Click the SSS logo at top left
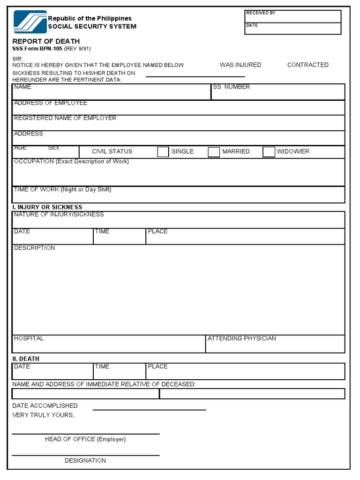30,22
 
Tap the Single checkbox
163,152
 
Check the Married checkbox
214,152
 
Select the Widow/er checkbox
269,152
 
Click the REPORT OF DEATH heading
46,41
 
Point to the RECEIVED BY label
261,13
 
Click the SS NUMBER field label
232,87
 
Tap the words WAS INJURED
240,65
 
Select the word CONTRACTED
307,65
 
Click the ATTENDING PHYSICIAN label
242,338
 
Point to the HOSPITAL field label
29,338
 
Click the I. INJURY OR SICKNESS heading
47,207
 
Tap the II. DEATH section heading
26,359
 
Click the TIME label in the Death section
102,367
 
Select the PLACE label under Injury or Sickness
157,232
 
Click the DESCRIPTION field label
34,248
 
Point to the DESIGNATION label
85,461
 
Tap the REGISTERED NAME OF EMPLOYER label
65,118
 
